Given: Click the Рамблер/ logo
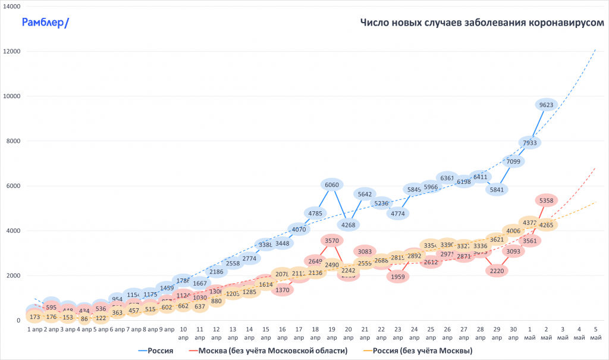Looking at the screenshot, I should point(45,23).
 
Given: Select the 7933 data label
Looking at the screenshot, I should point(529,143).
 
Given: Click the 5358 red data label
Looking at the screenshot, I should point(546,201).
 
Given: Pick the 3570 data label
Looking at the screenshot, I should point(332,241).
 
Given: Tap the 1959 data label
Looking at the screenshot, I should point(398,276).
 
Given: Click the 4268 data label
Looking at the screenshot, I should point(349,224).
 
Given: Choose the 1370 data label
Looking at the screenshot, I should point(282,290).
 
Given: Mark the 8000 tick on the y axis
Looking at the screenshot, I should point(13,141).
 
